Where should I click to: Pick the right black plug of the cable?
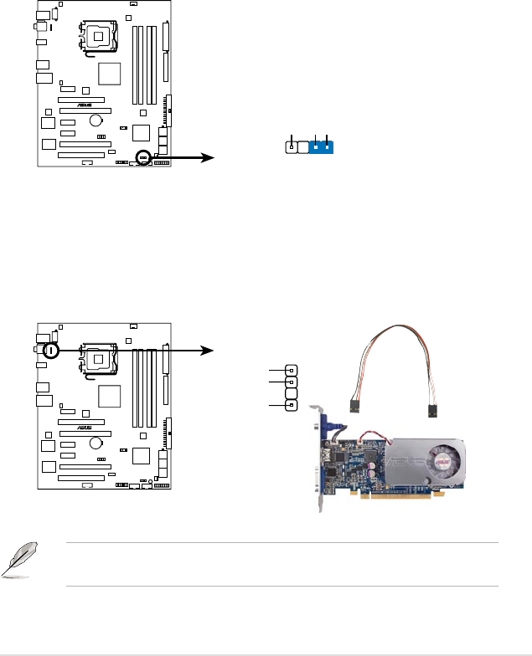pyautogui.click(x=432, y=412)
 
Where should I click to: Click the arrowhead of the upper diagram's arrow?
pyautogui.click(x=209, y=156)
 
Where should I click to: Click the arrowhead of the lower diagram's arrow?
pyautogui.click(x=209, y=351)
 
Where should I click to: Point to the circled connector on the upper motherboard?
pyautogui.click(x=143, y=156)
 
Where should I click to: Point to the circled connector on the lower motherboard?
pyautogui.click(x=50, y=351)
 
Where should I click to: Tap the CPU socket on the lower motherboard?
pyautogui.click(x=97, y=359)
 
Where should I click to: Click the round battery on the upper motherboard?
pyautogui.click(x=97, y=120)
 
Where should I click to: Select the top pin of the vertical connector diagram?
pyautogui.click(x=291, y=370)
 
